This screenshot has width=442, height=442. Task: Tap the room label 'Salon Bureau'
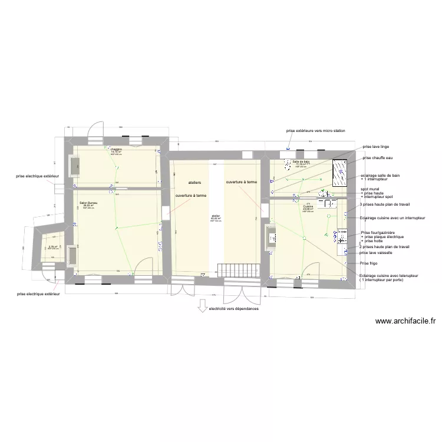coord(89,203)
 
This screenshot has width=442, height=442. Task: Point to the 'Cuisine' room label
coord(308,207)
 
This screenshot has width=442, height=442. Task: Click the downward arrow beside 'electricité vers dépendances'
coord(202,305)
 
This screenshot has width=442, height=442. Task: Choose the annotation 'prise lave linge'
coord(375,146)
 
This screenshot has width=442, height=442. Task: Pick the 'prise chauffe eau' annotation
coord(377,158)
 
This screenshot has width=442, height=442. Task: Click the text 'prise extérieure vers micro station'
coord(315,130)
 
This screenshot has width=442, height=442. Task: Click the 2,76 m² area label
coord(53,247)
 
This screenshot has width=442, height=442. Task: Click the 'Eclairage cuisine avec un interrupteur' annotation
coord(392,218)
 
